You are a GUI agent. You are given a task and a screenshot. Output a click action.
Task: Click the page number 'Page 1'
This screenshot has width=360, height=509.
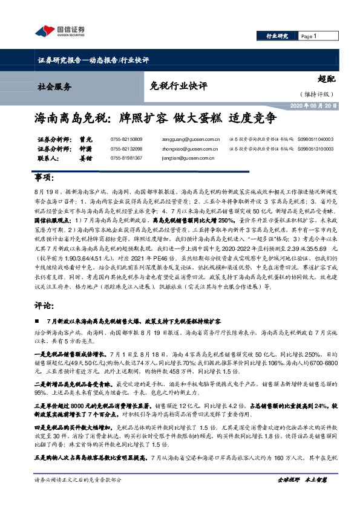pyautogui.click(x=308, y=37)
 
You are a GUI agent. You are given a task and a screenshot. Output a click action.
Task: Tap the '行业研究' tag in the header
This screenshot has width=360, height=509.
pyautogui.click(x=277, y=37)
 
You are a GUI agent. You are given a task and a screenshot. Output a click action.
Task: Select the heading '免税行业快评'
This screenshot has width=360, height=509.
pyautogui.click(x=176, y=85)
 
